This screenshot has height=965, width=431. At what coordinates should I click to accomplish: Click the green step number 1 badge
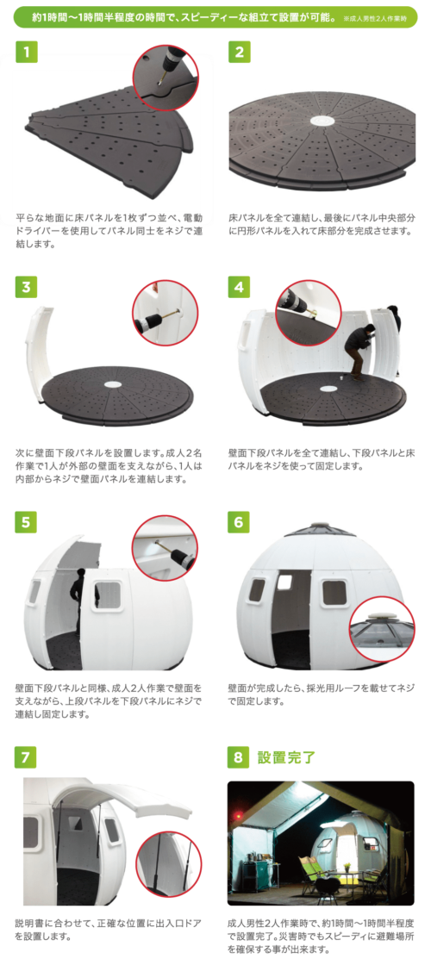point(26,52)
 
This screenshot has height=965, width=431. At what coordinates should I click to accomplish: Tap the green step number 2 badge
point(239,52)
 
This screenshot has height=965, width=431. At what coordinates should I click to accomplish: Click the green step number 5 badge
point(26,522)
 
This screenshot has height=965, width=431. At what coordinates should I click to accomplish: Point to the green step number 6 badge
point(239,522)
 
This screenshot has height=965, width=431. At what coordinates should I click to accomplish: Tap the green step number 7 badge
point(26,757)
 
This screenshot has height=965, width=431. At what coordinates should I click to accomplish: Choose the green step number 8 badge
point(239,757)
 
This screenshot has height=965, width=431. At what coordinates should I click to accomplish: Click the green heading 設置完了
point(286,757)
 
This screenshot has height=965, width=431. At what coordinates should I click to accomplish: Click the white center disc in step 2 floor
point(322,121)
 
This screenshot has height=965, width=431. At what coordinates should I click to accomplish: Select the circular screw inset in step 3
point(165,313)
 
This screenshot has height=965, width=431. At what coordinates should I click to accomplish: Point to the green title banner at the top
point(215,17)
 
